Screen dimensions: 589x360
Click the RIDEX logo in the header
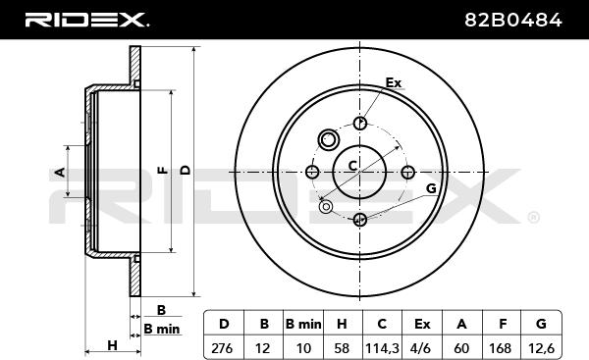pyautogui.click(x=86, y=20)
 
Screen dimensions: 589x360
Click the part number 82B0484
pyautogui.click(x=513, y=20)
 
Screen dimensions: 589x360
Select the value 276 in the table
pyautogui.click(x=222, y=348)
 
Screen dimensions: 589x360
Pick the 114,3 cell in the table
pyautogui.click(x=382, y=348)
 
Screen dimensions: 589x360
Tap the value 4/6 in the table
pyautogui.click(x=421, y=348)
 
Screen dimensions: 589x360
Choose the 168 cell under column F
pyautogui.click(x=501, y=348)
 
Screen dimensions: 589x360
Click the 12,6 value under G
pyautogui.click(x=541, y=348)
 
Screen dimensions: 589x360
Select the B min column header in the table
pyautogui.click(x=303, y=324)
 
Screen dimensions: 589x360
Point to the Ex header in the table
pyautogui.click(x=422, y=324)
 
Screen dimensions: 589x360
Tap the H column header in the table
pyautogui.click(x=342, y=324)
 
